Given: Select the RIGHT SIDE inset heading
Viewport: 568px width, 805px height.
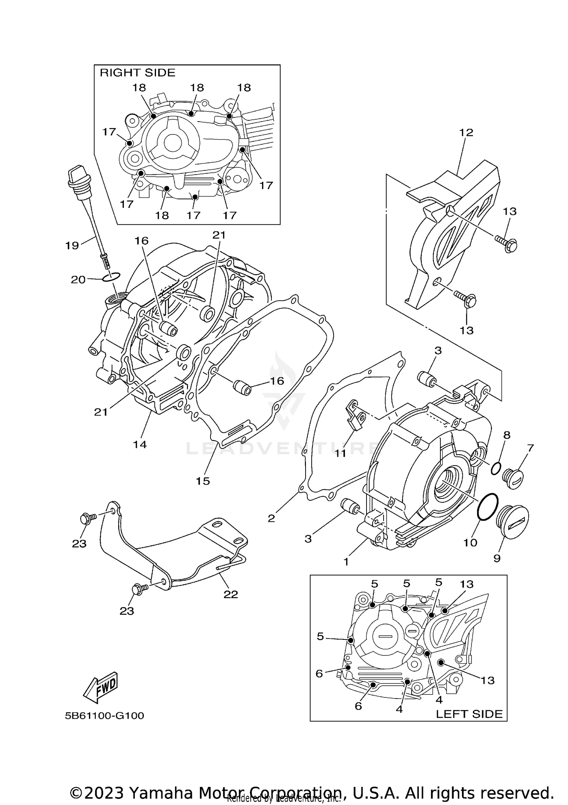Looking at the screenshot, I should [x=137, y=73].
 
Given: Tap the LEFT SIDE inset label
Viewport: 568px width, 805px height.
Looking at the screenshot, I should [x=469, y=714].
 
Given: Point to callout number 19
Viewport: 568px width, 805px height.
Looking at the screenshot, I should [x=72, y=245].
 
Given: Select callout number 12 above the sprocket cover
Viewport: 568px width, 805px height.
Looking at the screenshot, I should [x=466, y=133].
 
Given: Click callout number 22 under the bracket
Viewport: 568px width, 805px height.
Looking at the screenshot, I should [x=231, y=594].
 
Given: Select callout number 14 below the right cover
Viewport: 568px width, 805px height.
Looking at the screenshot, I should [x=140, y=444].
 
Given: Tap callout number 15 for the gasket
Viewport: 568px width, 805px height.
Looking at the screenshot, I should [x=203, y=481].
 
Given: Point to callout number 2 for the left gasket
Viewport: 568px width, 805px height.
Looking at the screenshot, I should [x=271, y=518].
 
